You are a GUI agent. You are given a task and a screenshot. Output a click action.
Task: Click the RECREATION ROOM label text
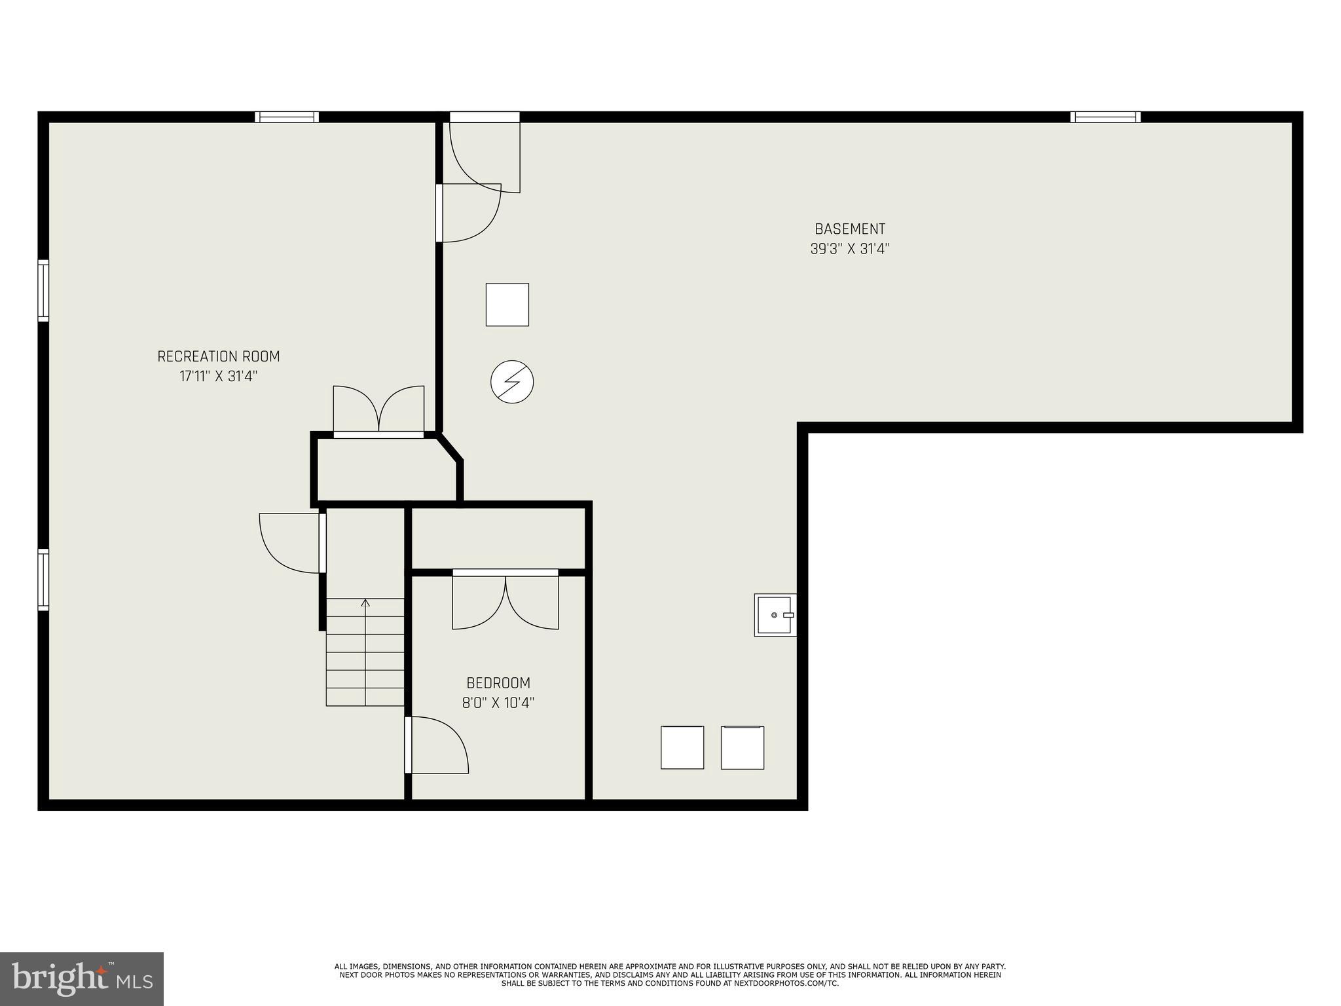[x=218, y=356]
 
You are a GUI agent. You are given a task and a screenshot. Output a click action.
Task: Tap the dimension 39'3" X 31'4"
[x=850, y=249]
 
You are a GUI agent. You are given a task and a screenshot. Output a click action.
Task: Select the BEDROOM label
[x=498, y=683]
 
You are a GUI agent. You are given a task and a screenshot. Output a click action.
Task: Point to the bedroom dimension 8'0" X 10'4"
[x=498, y=703]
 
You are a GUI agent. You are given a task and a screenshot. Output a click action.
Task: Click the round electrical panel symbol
[x=512, y=381]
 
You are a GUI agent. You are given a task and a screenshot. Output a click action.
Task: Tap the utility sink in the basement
[x=775, y=615]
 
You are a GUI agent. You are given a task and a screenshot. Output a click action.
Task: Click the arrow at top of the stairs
[x=365, y=603]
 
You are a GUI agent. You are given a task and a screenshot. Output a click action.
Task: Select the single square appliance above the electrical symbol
[x=507, y=305]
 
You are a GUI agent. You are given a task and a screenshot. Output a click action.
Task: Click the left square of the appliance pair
[x=682, y=747]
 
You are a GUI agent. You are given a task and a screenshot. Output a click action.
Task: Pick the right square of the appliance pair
[x=742, y=747]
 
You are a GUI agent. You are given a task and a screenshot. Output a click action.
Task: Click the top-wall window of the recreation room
[x=287, y=117]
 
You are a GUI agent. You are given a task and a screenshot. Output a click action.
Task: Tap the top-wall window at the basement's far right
[x=1105, y=117]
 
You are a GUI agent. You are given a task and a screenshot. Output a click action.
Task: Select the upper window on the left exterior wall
[x=43, y=290]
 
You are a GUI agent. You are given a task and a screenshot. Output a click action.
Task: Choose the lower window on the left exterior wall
[x=43, y=580]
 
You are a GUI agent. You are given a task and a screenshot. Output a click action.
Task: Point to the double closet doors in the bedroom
[x=505, y=601]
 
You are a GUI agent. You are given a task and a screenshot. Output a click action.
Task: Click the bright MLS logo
[x=81, y=979]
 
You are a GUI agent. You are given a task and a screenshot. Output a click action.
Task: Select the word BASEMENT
[x=850, y=229]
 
